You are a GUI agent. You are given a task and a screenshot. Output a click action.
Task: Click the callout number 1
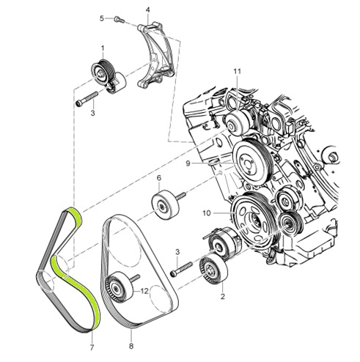103,48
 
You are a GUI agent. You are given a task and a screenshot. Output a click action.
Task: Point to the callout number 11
237,70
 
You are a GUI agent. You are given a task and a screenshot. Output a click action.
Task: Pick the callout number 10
207,213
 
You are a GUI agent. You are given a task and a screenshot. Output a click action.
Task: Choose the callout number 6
158,178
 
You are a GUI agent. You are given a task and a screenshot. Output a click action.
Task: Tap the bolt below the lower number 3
178,273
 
